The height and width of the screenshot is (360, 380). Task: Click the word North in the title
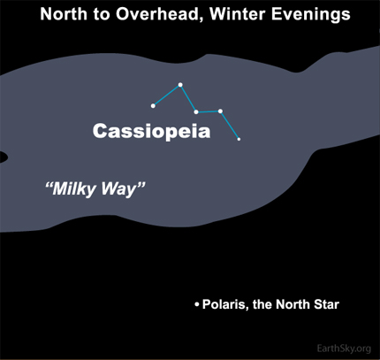point(64,14)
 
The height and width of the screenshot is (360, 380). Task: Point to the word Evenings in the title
point(311,15)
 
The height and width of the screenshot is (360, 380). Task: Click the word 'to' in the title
point(102,14)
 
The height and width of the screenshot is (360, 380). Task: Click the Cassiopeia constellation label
point(151,131)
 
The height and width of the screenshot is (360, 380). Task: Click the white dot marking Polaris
point(197,304)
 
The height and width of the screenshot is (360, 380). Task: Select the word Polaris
point(224,304)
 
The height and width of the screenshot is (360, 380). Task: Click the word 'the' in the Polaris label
point(262,304)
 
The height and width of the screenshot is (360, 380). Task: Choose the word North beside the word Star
point(293,304)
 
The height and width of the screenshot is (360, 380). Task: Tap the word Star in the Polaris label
point(326,304)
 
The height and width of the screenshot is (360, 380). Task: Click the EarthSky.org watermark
point(344,349)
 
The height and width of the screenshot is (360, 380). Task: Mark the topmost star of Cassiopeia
point(180,85)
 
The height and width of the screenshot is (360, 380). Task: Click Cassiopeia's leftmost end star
point(153,105)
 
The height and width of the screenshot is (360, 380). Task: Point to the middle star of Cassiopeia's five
point(196,111)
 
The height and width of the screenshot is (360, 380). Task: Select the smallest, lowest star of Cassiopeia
point(239,139)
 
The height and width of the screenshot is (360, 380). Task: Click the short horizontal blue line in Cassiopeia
point(209,111)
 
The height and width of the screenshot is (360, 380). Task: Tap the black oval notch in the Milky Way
point(3,157)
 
